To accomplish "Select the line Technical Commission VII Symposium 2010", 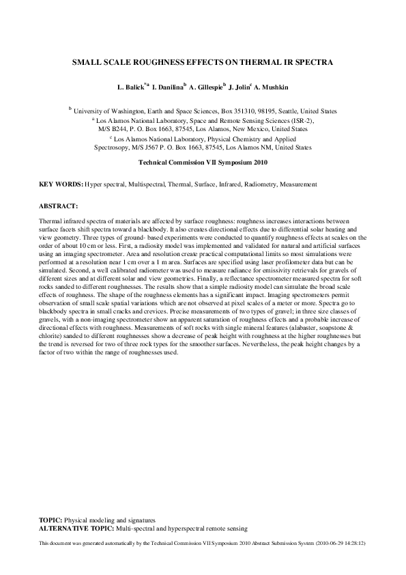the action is click(x=203, y=163).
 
